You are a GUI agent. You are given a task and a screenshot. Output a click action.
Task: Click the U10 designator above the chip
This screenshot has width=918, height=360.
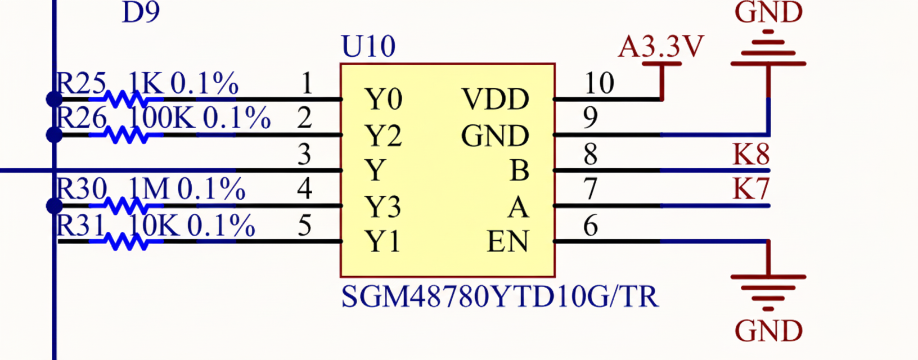click(368, 47)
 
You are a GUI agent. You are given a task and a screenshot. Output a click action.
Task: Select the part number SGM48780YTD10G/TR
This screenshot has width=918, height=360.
click(499, 296)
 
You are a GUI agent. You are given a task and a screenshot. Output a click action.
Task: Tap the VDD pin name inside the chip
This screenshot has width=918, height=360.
click(496, 100)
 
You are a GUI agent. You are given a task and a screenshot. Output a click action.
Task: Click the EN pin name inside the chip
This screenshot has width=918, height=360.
click(508, 242)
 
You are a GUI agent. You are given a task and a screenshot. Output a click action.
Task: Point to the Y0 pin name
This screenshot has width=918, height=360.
click(383, 100)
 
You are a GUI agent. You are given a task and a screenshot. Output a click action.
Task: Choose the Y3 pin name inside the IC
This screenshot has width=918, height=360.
click(383, 207)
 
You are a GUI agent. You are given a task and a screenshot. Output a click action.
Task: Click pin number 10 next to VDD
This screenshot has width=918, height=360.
click(598, 83)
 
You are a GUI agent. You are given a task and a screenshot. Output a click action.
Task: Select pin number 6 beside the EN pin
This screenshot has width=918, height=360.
click(590, 226)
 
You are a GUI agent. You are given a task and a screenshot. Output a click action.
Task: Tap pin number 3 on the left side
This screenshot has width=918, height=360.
click(304, 154)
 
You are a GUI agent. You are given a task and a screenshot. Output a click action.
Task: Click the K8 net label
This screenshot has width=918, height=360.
click(751, 154)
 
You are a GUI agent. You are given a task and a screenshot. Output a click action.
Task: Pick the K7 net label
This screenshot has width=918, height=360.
click(751, 190)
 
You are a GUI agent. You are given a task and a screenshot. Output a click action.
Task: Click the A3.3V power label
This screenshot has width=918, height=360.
click(661, 47)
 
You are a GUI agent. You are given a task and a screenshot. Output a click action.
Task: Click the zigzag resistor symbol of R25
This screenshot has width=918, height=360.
click(126, 100)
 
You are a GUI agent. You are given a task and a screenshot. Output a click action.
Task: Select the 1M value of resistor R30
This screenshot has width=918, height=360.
click(149, 189)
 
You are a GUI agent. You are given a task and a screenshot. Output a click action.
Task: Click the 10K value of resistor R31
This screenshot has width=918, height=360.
click(154, 226)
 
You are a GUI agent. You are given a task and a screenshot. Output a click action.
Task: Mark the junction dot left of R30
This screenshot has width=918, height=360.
click(54, 206)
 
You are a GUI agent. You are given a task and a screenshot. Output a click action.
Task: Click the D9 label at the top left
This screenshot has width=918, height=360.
click(141, 12)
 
